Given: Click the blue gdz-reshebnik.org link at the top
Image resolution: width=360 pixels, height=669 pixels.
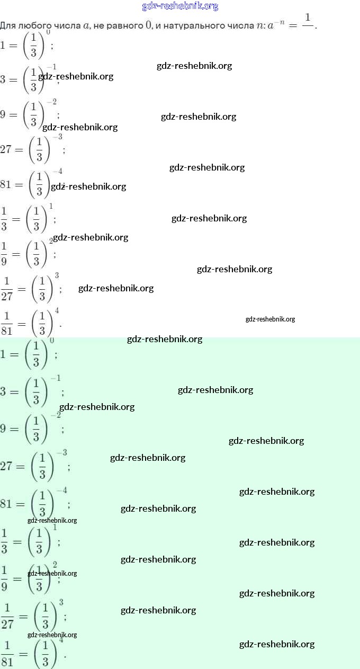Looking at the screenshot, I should pos(180,6).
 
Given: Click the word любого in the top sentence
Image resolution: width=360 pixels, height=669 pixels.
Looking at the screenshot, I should pos(30,25).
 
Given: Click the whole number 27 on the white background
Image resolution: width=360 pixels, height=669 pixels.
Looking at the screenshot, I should pos(6,149).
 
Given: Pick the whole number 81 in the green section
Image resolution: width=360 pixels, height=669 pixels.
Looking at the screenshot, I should pos(6,504).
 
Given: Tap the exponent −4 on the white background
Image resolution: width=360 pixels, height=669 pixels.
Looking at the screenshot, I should pos(57,172).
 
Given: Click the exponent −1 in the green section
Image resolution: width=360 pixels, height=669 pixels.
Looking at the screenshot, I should pos(55,378).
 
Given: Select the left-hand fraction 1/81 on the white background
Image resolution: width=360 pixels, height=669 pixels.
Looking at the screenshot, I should pos(6,323).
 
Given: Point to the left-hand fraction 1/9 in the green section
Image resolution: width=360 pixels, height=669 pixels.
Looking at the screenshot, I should pos(4,578).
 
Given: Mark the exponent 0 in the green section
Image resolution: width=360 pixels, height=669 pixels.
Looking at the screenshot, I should pos(52,340).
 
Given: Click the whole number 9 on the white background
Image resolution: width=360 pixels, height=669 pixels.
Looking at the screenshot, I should pos(3,114).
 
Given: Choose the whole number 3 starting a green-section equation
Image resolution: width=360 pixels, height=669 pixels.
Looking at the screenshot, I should pos(3,392).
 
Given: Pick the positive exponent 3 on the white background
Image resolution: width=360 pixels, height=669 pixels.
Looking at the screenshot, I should pos(57,276).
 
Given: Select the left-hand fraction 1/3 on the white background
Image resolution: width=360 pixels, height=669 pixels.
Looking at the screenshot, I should pos(4,218).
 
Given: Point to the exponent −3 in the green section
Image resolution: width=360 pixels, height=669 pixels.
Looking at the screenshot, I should pos(61,452).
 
